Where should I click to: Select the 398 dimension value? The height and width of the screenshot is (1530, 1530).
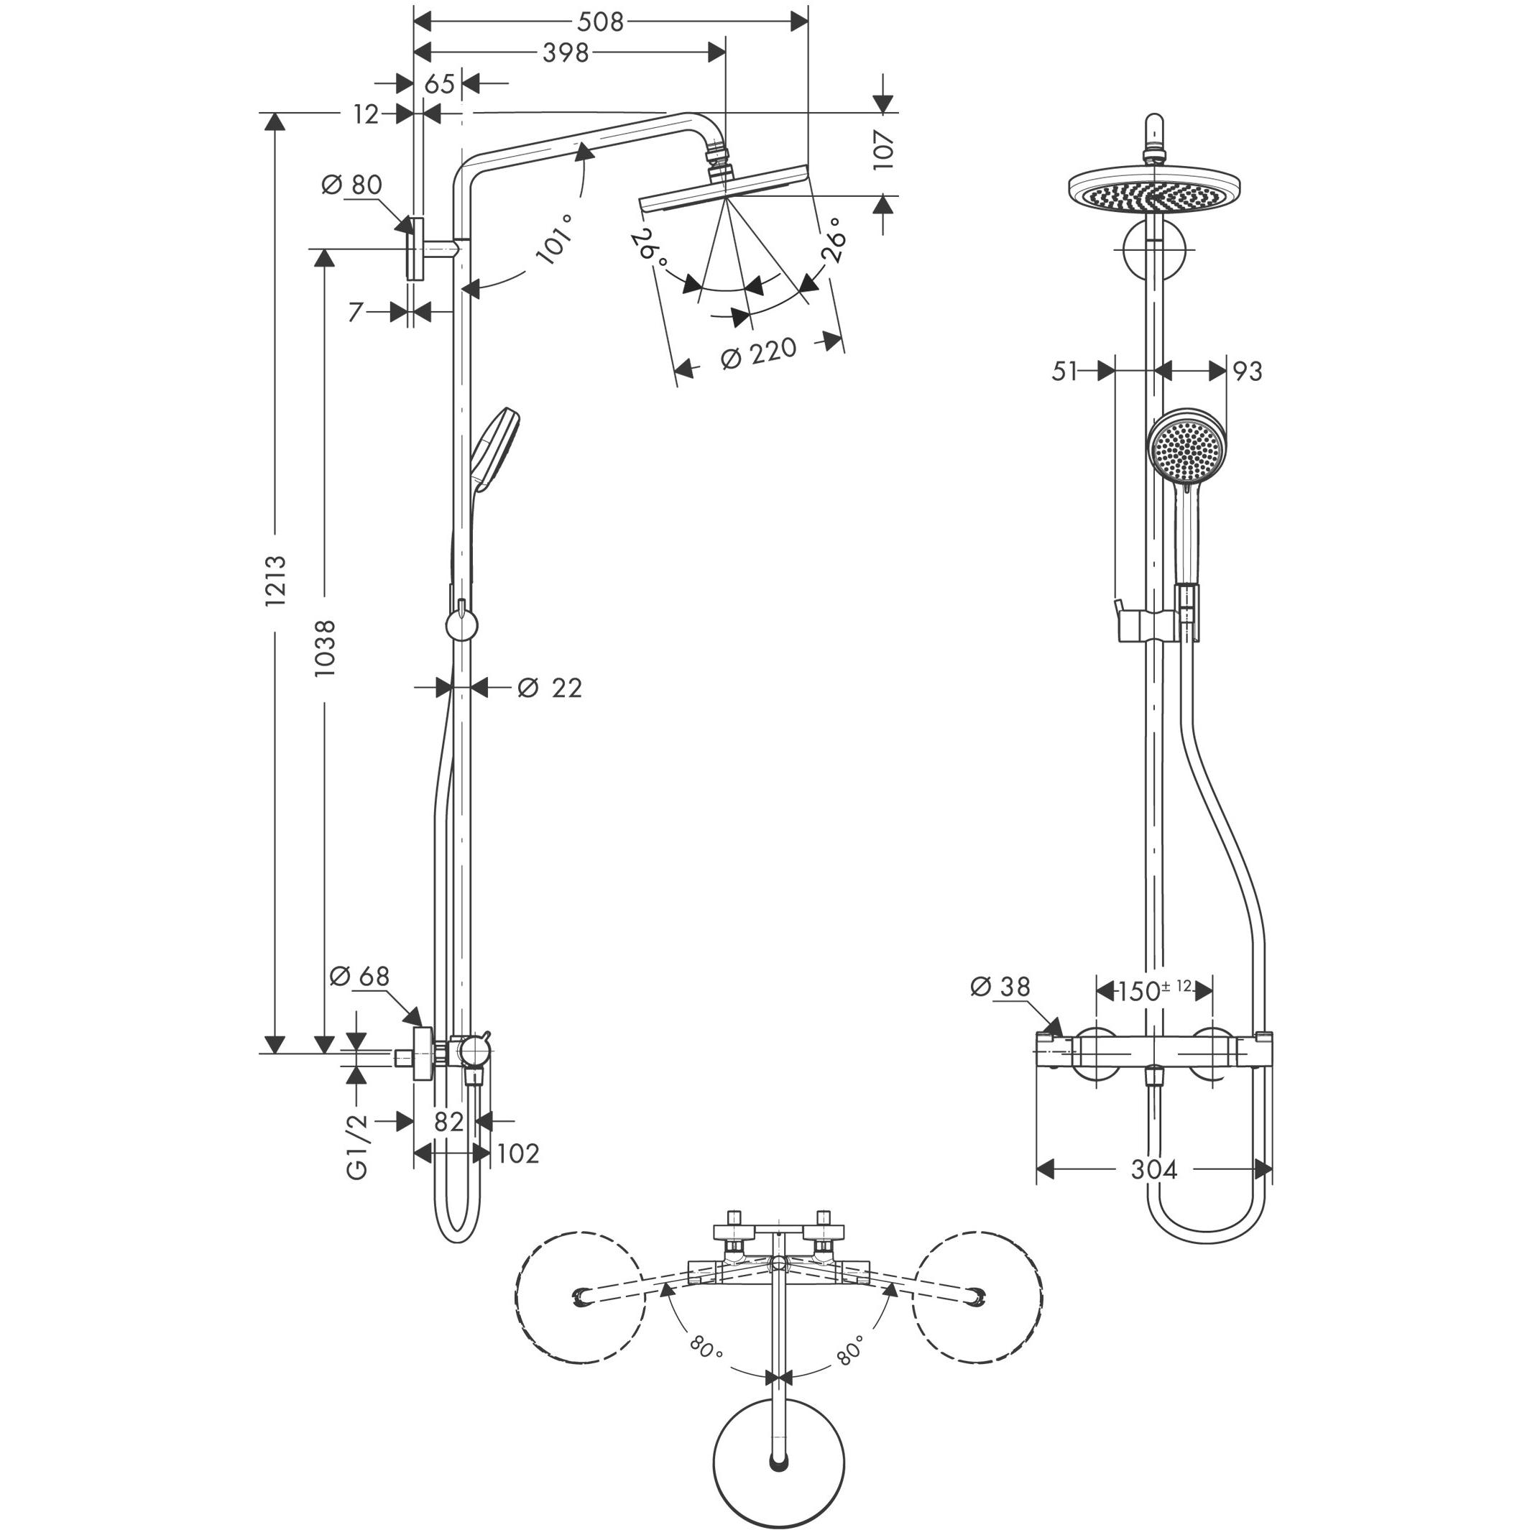click(x=566, y=52)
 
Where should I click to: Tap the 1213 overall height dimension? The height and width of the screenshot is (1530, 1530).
click(x=275, y=581)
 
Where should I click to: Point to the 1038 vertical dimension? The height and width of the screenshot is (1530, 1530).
click(x=325, y=647)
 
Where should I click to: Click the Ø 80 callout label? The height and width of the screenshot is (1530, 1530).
click(x=351, y=185)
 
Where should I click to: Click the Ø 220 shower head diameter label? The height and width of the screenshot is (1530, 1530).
click(x=758, y=353)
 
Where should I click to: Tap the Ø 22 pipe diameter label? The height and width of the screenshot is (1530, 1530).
click(x=550, y=688)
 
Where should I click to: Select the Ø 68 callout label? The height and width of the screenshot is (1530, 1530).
click(x=359, y=977)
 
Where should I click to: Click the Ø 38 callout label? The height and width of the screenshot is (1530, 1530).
click(x=1000, y=987)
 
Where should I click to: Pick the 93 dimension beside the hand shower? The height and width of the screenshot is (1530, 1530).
click(x=1248, y=371)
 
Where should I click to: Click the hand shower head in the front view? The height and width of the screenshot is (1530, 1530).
click(x=1186, y=450)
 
